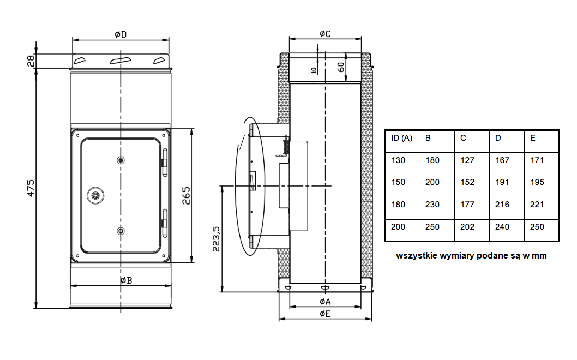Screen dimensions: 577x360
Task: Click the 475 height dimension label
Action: coord(31,188)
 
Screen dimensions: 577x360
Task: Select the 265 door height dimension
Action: coord(186,195)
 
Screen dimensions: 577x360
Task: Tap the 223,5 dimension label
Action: coord(216,239)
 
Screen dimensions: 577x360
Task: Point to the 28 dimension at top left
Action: coord(31,61)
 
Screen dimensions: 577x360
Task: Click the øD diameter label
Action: coord(121,34)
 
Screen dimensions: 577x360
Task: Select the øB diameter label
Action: coord(126,280)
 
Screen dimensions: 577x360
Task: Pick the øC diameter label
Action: coord(325,34)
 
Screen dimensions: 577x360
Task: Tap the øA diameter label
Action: coord(325,302)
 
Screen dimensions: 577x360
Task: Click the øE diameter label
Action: coord(325,314)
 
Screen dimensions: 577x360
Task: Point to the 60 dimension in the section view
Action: coord(341,67)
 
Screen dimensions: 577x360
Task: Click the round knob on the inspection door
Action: coord(95,195)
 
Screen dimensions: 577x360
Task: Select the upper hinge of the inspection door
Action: coord(165,163)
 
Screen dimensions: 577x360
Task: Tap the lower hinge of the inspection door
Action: coord(165,223)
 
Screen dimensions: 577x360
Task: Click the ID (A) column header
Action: coord(401,138)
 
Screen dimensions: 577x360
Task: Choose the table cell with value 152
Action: coord(467,182)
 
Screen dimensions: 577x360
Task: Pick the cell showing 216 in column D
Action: coord(502,205)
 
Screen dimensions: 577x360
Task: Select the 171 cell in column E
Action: coord(537,160)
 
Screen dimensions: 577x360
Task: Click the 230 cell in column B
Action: coord(432,205)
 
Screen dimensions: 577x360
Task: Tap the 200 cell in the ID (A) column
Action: coord(398,227)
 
